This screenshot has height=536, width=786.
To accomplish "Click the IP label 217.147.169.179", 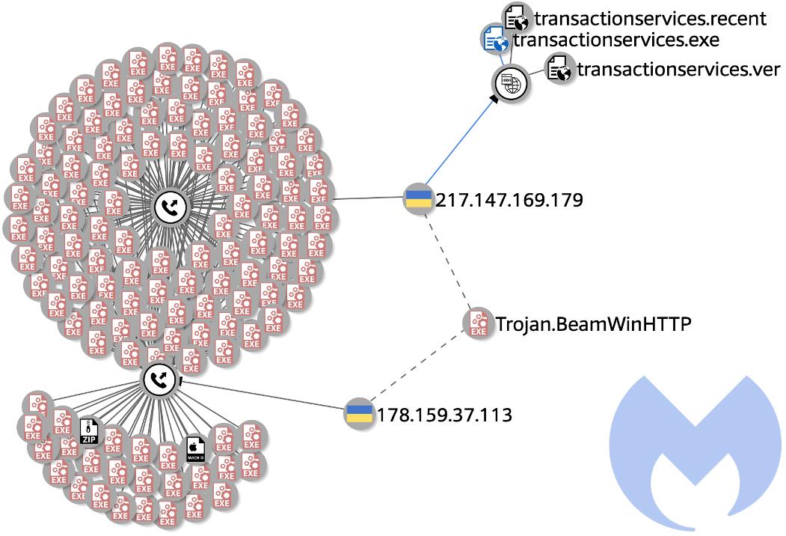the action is tap(509, 201).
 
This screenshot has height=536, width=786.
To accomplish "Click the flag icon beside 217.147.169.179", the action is tap(416, 200).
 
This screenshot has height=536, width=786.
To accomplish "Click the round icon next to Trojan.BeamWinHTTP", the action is tap(477, 323).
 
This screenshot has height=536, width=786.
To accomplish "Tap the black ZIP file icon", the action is tap(89, 432).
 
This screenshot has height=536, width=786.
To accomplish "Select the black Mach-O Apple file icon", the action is tap(196, 451).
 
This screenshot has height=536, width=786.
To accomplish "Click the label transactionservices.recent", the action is tap(651, 18).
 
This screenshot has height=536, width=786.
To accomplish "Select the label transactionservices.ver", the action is tap(678, 70).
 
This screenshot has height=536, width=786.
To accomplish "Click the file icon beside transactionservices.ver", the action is tap(559, 70).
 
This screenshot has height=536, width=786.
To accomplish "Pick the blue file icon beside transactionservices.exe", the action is tap(494, 39).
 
